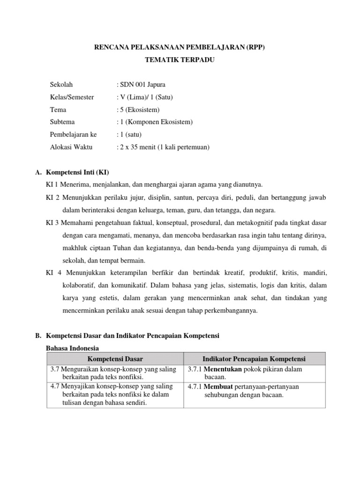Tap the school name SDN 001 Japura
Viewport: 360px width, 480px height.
(x=141, y=84)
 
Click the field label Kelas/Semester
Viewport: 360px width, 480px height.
(x=72, y=97)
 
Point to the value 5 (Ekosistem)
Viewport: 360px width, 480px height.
(x=139, y=110)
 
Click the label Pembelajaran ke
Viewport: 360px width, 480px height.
(x=73, y=135)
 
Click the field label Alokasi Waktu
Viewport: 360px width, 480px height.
(x=71, y=147)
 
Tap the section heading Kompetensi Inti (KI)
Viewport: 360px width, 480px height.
(x=80, y=172)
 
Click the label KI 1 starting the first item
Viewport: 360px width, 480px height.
(x=52, y=184)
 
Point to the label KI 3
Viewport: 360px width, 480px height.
(x=52, y=222)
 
